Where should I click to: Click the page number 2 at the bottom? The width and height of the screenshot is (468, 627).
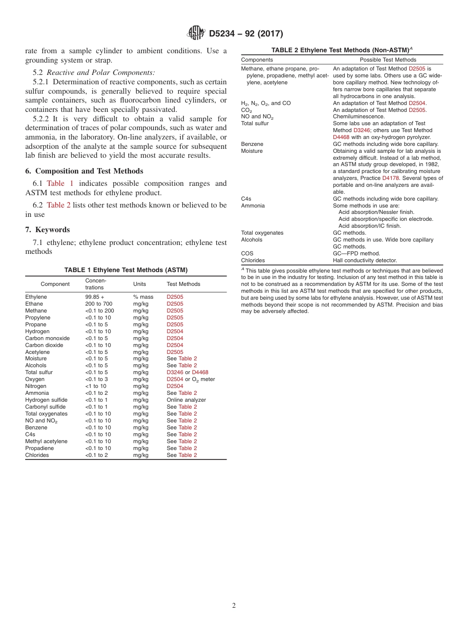pyautogui.click(x=234, y=606)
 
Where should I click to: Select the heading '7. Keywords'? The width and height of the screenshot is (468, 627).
pyautogui.click(x=47, y=230)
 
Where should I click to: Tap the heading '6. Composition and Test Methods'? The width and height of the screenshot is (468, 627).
pyautogui.click(x=84, y=171)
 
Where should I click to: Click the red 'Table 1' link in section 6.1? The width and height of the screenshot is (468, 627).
pyautogui.click(x=60, y=183)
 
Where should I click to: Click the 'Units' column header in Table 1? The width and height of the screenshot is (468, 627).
pyautogui.click(x=139, y=284)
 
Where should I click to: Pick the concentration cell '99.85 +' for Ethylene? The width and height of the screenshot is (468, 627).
pyautogui.click(x=95, y=297)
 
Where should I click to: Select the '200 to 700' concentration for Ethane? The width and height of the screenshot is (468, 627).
pyautogui.click(x=99, y=304)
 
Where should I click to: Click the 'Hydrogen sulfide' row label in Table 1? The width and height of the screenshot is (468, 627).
pyautogui.click(x=46, y=400)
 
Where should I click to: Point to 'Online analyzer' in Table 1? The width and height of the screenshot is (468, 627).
pyautogui.click(x=186, y=400)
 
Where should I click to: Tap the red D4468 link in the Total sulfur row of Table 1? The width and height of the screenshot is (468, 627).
pyautogui.click(x=200, y=373)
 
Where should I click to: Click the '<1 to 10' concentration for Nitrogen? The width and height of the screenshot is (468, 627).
pyautogui.click(x=96, y=386)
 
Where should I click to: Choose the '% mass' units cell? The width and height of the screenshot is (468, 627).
pyautogui.click(x=143, y=297)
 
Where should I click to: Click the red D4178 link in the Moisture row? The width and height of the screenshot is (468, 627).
pyautogui.click(x=391, y=178)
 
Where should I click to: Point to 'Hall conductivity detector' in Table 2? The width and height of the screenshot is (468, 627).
pyautogui.click(x=365, y=260)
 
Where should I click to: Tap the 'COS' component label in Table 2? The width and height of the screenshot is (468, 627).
pyautogui.click(x=247, y=253)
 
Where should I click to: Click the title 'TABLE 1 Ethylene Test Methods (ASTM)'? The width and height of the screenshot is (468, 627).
pyautogui.click(x=126, y=270)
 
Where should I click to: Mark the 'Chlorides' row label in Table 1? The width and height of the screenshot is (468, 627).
pyautogui.click(x=37, y=455)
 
